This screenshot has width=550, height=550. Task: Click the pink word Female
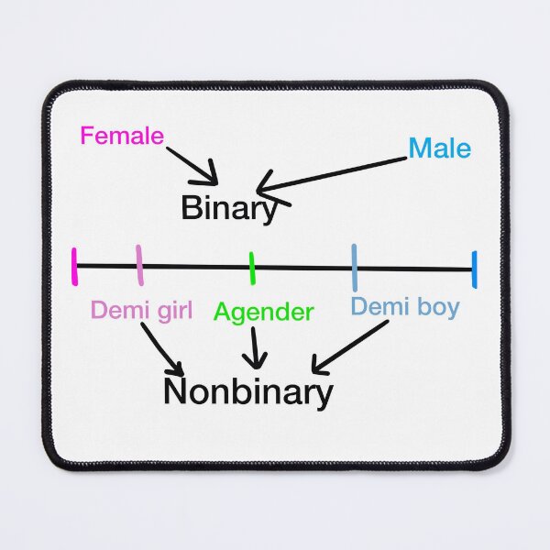122,136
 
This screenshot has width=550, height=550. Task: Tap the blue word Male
439,148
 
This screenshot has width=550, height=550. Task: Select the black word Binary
229,209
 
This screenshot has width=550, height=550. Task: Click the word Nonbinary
248,393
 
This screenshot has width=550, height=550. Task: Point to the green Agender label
263,313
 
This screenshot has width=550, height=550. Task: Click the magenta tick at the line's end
74,267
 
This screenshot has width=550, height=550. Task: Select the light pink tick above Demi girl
139,265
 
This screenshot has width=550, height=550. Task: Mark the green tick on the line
252,269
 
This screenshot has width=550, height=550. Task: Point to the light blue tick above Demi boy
355,268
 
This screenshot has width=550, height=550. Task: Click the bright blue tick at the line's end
474,269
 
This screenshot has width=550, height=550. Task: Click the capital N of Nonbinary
174,390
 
